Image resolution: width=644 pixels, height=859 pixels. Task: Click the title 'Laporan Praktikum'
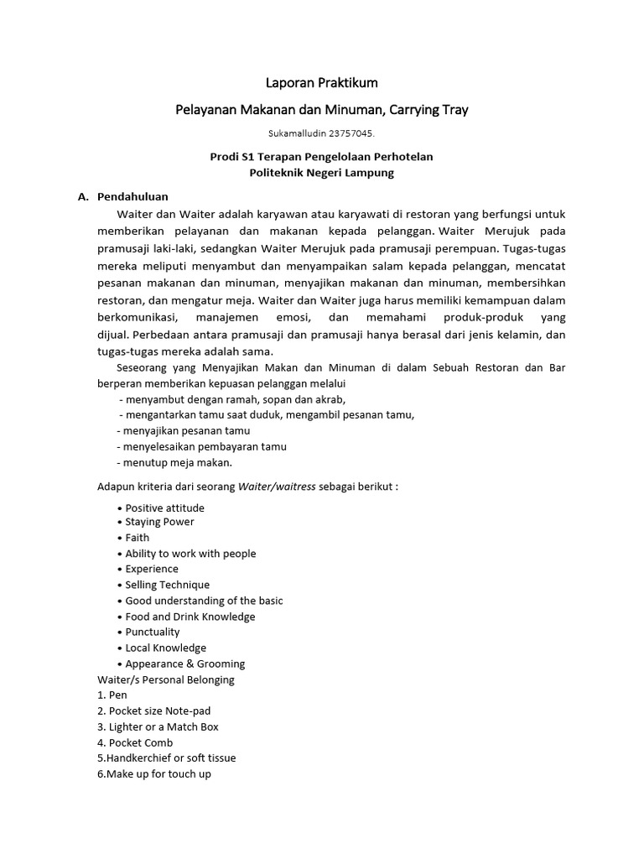322,83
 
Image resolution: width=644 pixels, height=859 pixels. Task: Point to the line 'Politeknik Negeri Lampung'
322,173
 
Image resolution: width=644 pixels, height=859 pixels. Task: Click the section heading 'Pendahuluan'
132,197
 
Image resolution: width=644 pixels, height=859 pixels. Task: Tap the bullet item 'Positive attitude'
164,508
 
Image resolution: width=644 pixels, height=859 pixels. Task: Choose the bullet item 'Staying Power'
159,522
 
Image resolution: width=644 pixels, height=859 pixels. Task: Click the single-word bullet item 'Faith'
138,538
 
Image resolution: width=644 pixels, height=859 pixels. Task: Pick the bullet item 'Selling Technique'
167,585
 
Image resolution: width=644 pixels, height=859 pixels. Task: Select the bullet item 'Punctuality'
152,632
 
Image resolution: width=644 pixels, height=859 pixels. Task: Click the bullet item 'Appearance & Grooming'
184,664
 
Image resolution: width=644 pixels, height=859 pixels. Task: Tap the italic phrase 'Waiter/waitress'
277,487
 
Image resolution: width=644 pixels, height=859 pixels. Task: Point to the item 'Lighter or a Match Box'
164,726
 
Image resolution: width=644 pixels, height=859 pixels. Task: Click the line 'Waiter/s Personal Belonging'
166,679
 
